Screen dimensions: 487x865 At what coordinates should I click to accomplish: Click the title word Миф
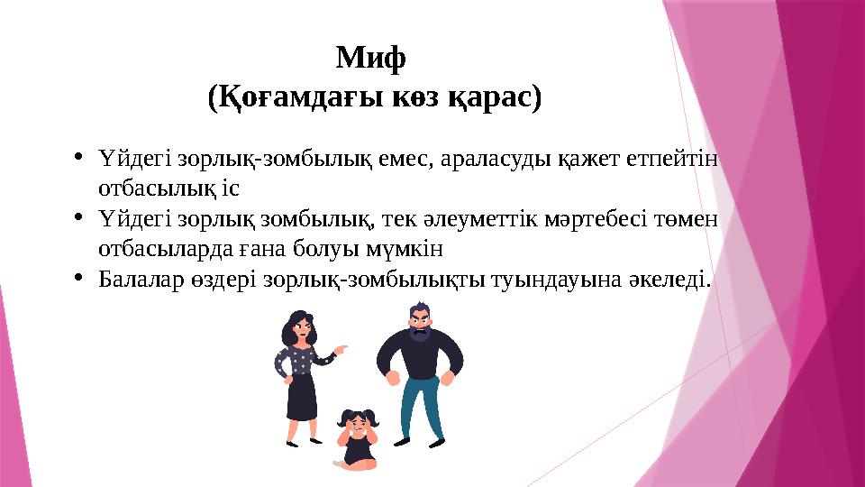pos(371,60)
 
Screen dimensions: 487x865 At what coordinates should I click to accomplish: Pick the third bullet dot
pos(79,277)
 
